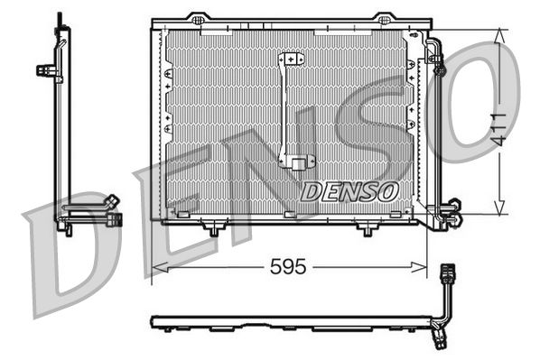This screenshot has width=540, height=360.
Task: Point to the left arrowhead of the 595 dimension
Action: pos(156,267)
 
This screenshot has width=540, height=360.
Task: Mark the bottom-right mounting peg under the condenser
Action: pos(366,231)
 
